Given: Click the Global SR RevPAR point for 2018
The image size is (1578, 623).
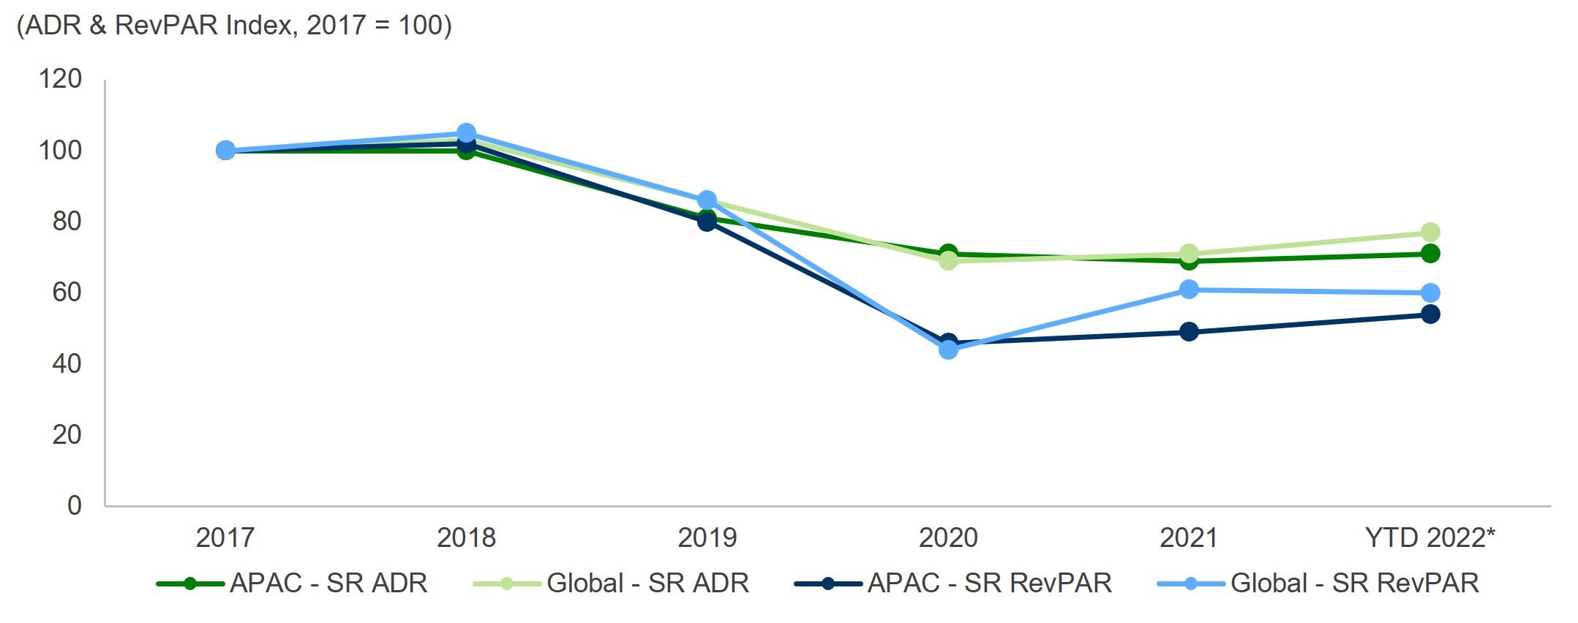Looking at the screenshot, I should pos(466,133).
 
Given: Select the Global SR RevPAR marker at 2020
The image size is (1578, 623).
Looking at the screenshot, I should pos(948,350).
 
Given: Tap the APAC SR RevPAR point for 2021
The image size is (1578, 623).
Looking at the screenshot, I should pos(1189,332).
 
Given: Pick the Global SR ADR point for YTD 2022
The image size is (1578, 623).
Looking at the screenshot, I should pos(1429,233).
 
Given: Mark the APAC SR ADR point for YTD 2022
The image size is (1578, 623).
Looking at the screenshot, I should pos(1429,254).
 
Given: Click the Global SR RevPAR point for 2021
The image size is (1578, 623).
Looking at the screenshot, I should pos(1189,290).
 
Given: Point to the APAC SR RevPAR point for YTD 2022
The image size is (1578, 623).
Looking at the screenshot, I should pos(1429,314).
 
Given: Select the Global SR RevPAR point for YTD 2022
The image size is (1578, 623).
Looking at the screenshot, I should pos(1429,293).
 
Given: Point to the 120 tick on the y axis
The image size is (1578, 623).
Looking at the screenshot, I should pos(60,79).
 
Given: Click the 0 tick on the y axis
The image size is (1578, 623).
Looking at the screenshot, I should pos(74,505).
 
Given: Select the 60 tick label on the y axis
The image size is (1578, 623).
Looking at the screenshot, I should pos(67,292).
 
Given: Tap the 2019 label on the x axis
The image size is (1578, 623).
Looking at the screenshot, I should pos(707,538).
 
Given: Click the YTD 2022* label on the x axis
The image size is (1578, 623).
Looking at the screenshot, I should pos(1429,538).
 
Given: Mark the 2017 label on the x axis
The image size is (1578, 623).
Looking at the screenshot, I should pos(225,538).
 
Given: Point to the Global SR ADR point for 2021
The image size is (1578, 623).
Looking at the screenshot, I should pos(1189,254).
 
